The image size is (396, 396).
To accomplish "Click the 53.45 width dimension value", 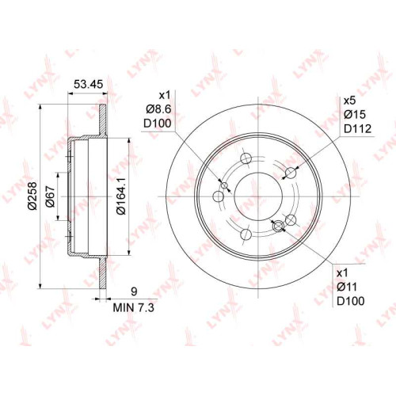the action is coord(88,85).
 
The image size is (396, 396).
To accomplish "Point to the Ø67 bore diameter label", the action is coord(50,196).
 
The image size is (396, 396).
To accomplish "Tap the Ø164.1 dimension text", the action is coord(121,196).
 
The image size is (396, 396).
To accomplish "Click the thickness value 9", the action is coord(134,291).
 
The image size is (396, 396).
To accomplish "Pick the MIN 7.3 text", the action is coord(134,307).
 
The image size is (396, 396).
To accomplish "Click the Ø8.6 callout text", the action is coord(158,109).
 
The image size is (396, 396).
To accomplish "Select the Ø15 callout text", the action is coord(355,114).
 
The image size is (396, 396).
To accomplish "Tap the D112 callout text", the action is coord(357,128).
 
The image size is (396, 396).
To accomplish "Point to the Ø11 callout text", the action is coord(347,287).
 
